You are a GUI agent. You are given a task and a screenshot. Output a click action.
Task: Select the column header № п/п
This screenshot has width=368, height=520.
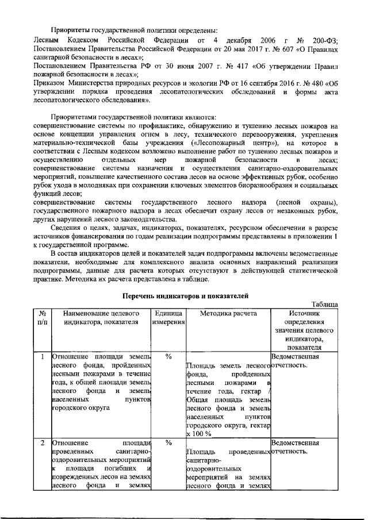[x=42, y=318]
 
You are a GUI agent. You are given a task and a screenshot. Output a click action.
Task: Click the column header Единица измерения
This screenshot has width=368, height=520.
[x=168, y=318]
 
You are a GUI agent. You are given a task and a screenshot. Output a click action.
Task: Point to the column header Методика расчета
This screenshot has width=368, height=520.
[x=228, y=313]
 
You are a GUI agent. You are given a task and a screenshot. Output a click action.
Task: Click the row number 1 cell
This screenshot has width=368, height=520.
[x=42, y=357]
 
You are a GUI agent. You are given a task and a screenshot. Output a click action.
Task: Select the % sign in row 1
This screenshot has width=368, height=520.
[x=169, y=357]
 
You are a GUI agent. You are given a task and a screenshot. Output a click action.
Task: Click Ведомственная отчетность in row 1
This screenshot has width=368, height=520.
[x=294, y=361]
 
